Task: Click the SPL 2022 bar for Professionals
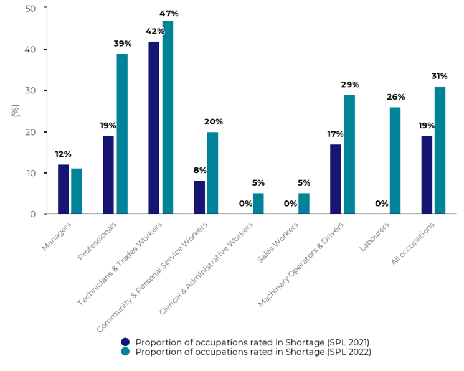click(x=122, y=134)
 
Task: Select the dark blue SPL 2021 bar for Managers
click(x=63, y=189)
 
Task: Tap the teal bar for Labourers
click(x=395, y=161)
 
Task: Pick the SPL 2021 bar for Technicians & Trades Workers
click(x=154, y=128)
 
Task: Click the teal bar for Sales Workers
click(x=304, y=204)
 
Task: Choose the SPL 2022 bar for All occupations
click(x=440, y=150)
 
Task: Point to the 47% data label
click(x=169, y=14)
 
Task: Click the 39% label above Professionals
click(x=123, y=44)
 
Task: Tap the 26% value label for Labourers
click(x=395, y=97)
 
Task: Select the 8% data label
click(x=199, y=170)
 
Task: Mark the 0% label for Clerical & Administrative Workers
click(x=245, y=204)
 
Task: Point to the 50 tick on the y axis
click(x=31, y=8)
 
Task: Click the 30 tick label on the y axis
click(x=31, y=90)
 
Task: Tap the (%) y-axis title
click(x=16, y=111)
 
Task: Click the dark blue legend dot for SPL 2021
click(x=125, y=342)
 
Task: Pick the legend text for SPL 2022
click(x=253, y=352)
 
